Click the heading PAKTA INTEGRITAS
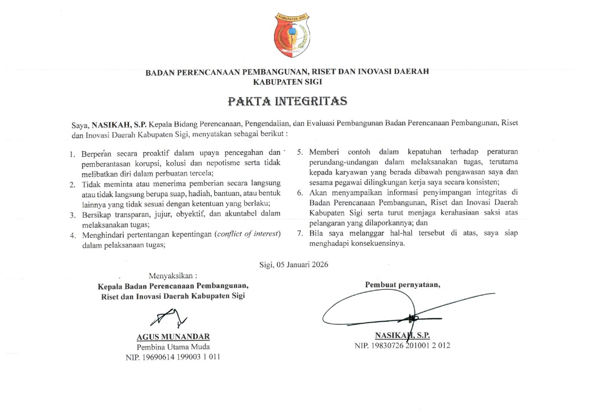tap(287, 102)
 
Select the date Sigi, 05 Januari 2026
tap(294, 264)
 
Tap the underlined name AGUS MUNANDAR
tap(173, 336)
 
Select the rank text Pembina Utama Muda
tap(173, 346)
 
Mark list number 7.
tap(299, 234)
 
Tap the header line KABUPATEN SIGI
tap(287, 82)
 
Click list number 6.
tap(299, 193)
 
